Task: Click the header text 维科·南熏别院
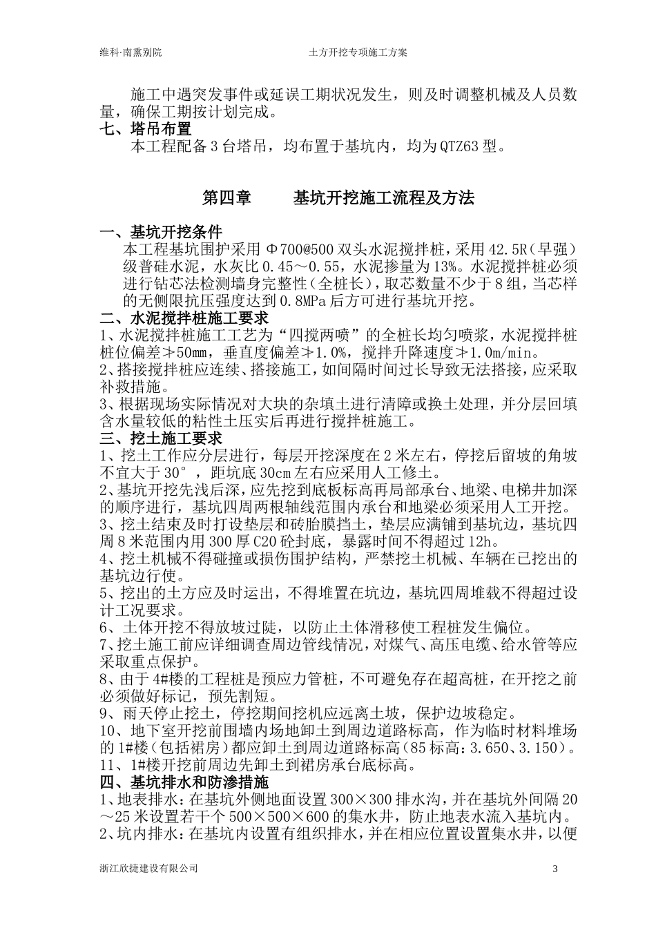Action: [131, 52]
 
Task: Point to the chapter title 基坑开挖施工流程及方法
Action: [384, 198]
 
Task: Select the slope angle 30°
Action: [173, 473]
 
